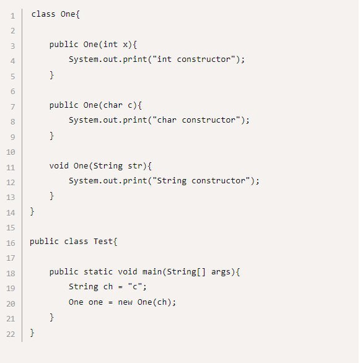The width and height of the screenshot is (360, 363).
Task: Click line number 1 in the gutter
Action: pyautogui.click(x=13, y=16)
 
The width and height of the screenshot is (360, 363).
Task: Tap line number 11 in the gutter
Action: pyautogui.click(x=11, y=167)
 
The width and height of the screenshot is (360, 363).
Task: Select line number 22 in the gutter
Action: pyautogui.click(x=11, y=335)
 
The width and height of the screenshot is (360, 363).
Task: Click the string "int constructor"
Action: pyautogui.click(x=195, y=59)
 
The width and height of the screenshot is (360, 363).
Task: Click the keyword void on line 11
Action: pyautogui.click(x=59, y=166)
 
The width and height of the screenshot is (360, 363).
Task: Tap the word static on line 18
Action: pyautogui.click(x=98, y=271)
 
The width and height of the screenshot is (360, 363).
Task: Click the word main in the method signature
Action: pyautogui.click(x=152, y=271)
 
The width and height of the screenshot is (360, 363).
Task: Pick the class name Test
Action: pyautogui.click(x=103, y=242)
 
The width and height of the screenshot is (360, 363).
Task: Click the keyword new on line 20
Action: pyautogui.click(x=125, y=302)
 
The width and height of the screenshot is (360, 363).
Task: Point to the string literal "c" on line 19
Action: pyautogui.click(x=134, y=287)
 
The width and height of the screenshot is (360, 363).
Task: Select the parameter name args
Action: pyautogui.click(x=221, y=272)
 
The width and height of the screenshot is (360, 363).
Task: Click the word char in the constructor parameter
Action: pyautogui.click(x=113, y=105)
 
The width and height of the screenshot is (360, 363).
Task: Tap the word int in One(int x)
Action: pyautogui.click(x=110, y=44)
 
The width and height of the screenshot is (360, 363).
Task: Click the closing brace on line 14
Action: pyautogui.click(x=32, y=211)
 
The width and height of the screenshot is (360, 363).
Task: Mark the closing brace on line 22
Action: pyautogui.click(x=32, y=333)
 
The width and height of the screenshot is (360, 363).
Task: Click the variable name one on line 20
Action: pyautogui.click(x=95, y=302)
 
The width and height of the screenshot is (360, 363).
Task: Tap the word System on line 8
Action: pyautogui.click(x=84, y=120)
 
